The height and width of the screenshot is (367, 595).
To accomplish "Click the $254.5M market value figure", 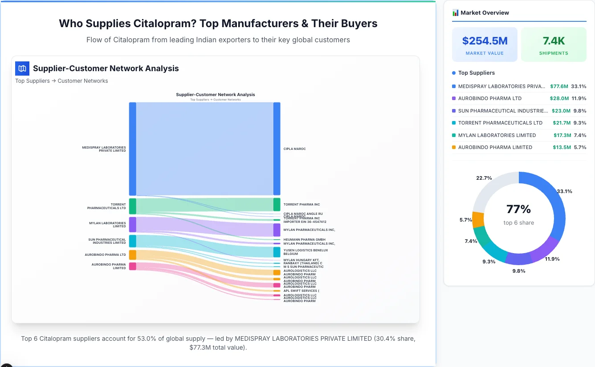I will tap(485, 41).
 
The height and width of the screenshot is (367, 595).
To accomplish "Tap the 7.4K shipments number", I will tap(554, 41).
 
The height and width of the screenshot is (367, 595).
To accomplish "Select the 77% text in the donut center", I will tap(518, 209).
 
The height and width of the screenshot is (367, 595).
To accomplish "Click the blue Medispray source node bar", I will tap(133, 149).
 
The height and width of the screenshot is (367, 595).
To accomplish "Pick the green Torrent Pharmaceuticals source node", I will tap(133, 206).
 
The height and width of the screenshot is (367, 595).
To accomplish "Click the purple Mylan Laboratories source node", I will tap(133, 225).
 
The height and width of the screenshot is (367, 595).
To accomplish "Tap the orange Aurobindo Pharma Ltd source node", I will tap(133, 255).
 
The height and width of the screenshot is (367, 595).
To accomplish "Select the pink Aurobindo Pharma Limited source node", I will tap(133, 266).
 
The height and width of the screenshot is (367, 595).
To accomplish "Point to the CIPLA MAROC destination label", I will tap(294, 149).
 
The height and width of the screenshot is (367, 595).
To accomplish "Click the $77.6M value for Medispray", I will tap(559, 86).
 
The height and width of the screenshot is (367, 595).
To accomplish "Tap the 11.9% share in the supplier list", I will tap(579, 98).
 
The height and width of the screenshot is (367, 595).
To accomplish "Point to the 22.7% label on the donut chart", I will tap(484, 178).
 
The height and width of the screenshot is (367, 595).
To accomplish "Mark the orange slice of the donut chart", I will tap(478, 220).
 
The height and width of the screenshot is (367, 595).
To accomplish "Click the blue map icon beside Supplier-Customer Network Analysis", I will tap(22, 69).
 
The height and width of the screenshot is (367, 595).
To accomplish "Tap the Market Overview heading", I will tap(485, 13).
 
